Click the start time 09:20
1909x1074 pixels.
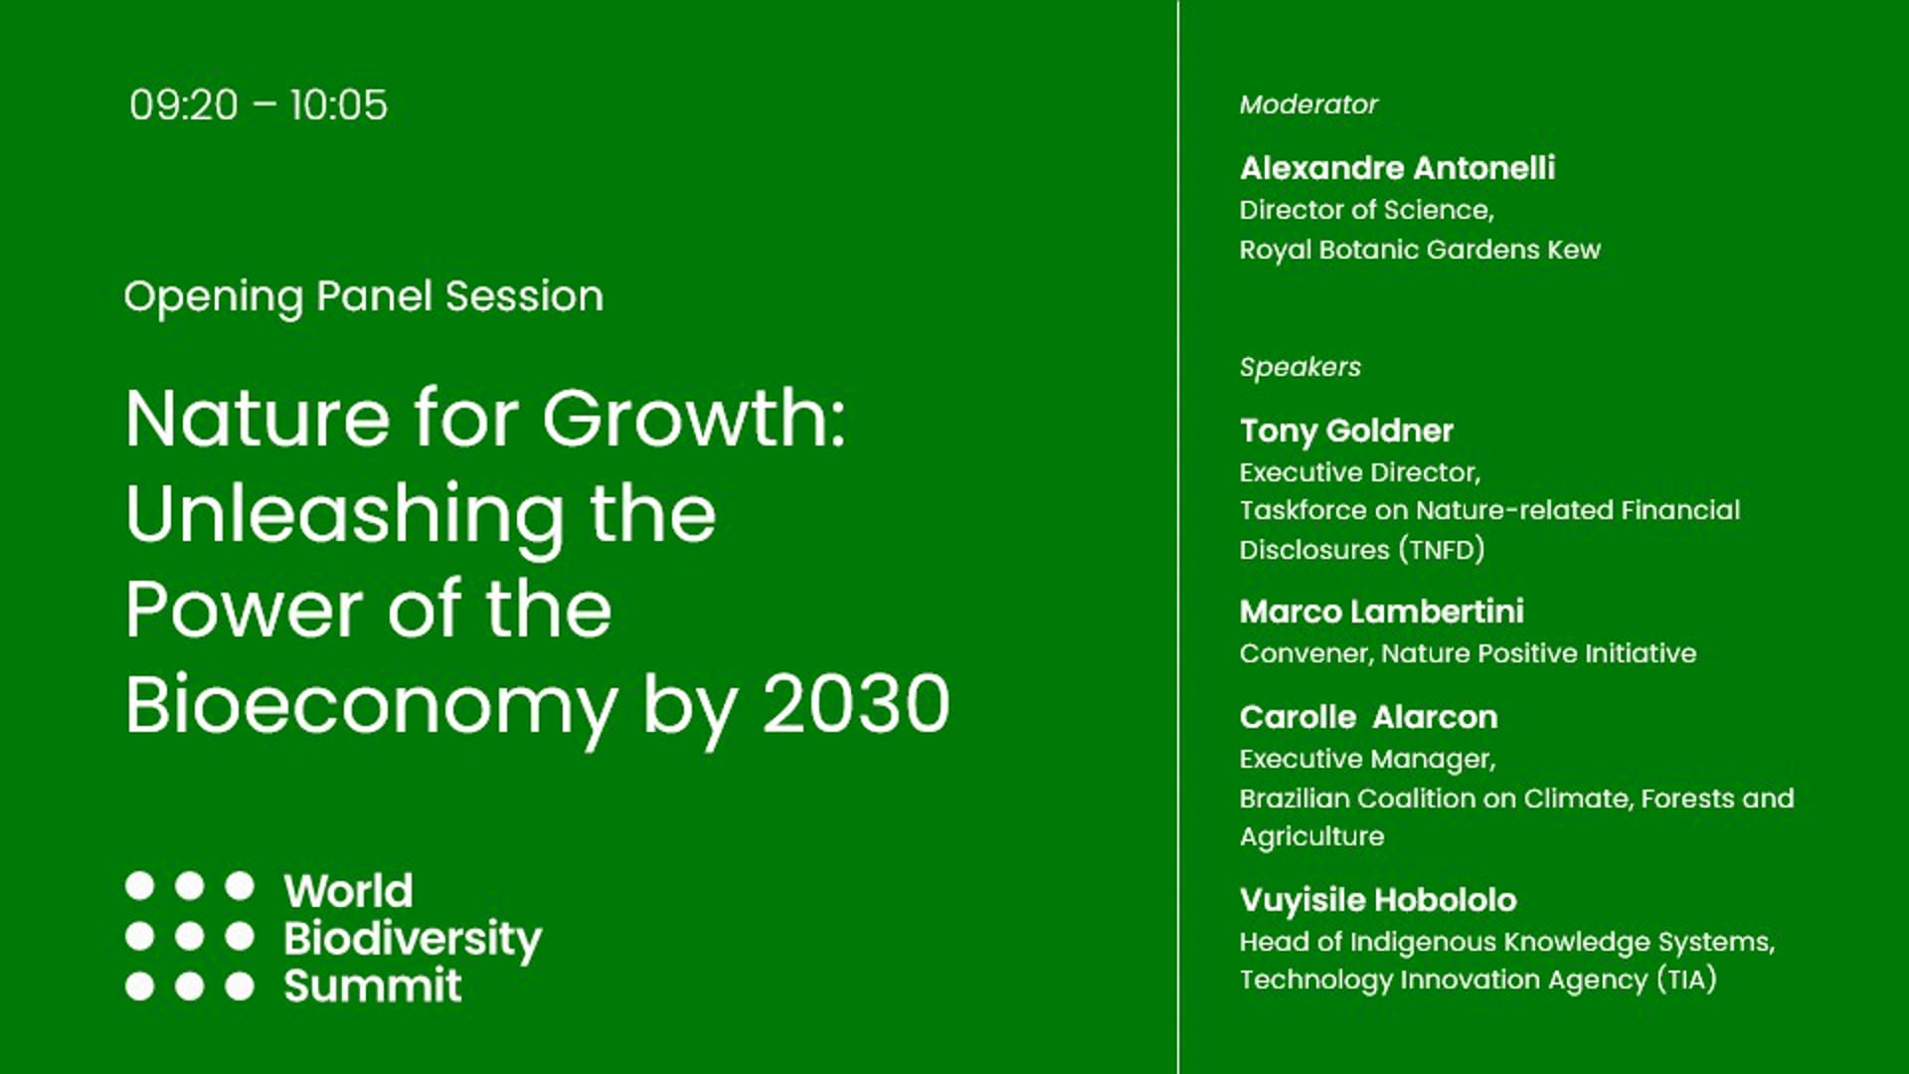(184, 105)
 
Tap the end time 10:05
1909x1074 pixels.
(338, 105)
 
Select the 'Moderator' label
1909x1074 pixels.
(1307, 104)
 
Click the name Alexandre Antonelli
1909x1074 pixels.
(1397, 168)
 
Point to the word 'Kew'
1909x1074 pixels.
(1573, 250)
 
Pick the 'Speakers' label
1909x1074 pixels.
(1300, 367)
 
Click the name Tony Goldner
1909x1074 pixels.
(1346, 431)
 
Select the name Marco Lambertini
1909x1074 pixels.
(1381, 612)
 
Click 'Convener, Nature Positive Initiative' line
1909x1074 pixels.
(1468, 653)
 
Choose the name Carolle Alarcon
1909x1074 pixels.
(1368, 717)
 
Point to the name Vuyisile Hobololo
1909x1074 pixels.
(1378, 900)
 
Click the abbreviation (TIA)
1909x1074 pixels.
(1686, 981)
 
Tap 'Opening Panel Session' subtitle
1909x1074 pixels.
(363, 296)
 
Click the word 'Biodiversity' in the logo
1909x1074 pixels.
(413, 940)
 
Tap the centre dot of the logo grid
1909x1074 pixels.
(190, 936)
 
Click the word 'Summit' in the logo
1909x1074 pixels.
(373, 985)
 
